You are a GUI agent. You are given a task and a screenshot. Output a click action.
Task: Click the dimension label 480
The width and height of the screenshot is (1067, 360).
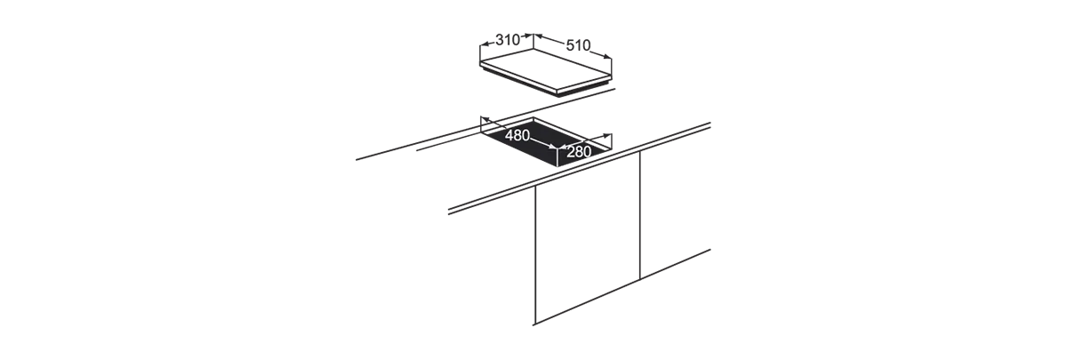point(517,136)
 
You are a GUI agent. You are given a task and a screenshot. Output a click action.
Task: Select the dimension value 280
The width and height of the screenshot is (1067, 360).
point(579,152)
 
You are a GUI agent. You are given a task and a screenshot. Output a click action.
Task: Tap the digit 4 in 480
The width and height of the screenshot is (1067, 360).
point(509,136)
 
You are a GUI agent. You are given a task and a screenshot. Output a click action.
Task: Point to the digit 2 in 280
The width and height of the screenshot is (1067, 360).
point(571,152)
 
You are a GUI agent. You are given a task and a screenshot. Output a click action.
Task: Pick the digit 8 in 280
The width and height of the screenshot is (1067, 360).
point(579,152)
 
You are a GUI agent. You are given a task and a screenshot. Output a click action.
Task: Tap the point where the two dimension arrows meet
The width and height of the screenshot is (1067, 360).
point(558,148)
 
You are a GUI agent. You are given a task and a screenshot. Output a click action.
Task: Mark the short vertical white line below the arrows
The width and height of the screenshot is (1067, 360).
point(558,158)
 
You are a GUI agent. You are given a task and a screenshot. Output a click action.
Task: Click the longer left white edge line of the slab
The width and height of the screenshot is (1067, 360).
point(517,76)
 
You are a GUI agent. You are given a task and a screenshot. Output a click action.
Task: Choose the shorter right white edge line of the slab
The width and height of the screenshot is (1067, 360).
point(584,84)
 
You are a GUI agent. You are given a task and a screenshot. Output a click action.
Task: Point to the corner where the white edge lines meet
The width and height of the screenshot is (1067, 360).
point(557,91)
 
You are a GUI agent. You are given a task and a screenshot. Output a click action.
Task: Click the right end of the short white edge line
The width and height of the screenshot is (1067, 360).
point(612,77)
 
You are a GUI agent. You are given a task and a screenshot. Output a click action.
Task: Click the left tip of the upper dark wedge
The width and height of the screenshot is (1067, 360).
point(357,160)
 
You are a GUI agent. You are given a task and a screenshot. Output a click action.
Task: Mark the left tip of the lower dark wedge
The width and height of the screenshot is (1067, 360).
point(443,214)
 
